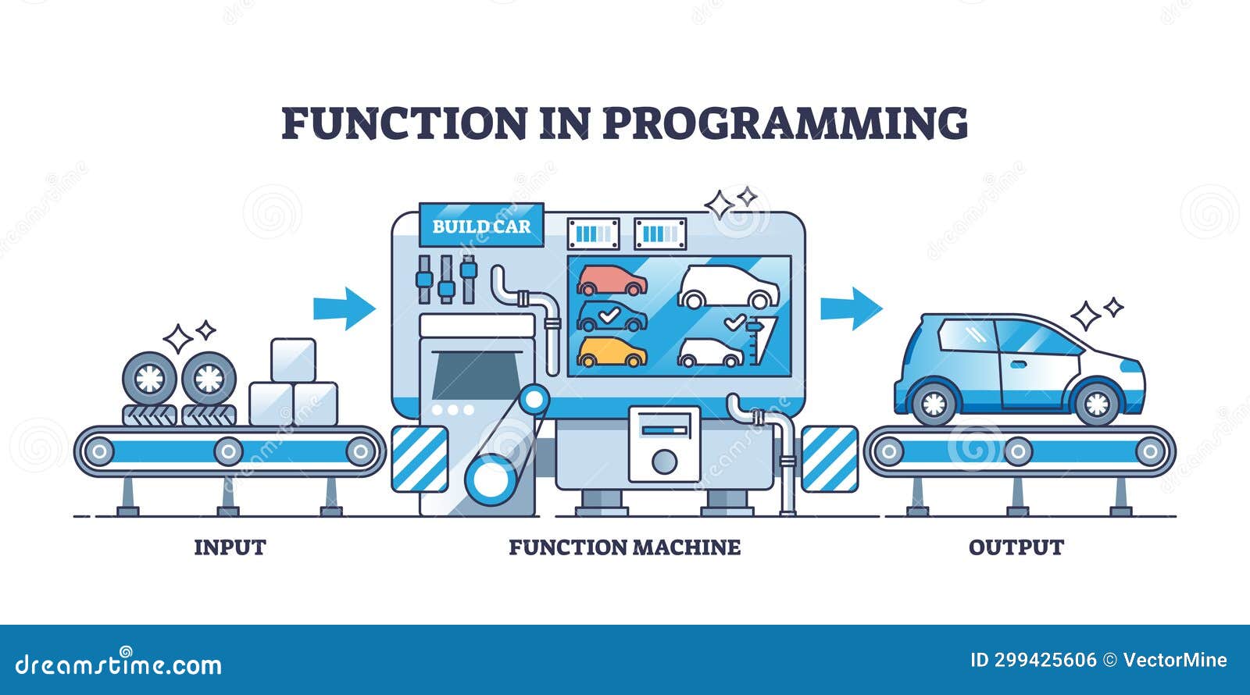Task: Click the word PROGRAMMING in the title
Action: (x=785, y=123)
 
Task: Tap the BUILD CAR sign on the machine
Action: (x=481, y=226)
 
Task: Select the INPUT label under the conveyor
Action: (x=230, y=547)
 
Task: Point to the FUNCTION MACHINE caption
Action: (x=624, y=547)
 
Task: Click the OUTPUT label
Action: (x=1016, y=547)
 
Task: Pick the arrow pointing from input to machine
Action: (x=344, y=308)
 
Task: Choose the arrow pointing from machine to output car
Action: (x=851, y=308)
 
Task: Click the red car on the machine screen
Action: (x=612, y=280)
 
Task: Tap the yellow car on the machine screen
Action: (x=612, y=352)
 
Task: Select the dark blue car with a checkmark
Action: (x=612, y=316)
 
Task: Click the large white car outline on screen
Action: (x=727, y=287)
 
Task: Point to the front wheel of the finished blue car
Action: (x=1096, y=403)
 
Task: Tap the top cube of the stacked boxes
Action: (x=293, y=360)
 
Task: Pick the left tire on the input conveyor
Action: (x=149, y=379)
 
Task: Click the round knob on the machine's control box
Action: (x=664, y=462)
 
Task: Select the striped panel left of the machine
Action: (x=420, y=459)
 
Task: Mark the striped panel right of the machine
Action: (x=829, y=459)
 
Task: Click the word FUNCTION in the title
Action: (x=404, y=123)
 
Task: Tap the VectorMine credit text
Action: (x=1174, y=660)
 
